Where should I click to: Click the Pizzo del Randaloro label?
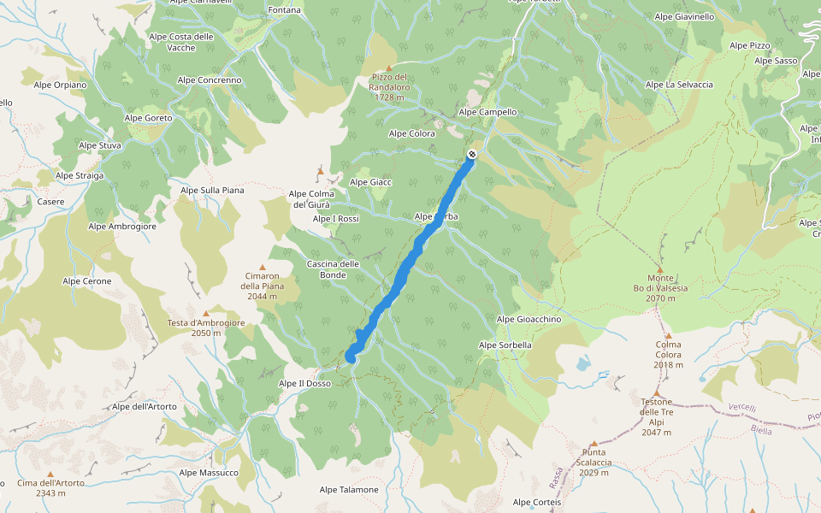tap(390, 86)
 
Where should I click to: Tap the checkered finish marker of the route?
tap(471, 155)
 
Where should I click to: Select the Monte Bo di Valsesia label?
tap(667, 288)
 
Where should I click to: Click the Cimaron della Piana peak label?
tap(262, 286)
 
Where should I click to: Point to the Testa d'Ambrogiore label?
tap(206, 327)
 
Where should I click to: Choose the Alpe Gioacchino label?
tap(529, 319)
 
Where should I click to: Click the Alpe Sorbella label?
tap(505, 345)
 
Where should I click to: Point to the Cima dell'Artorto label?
tap(50, 487)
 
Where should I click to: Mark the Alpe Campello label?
tap(487, 112)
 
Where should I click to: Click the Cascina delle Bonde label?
tap(333, 269)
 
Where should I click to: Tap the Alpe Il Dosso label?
tap(304, 384)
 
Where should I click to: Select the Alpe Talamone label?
tap(349, 490)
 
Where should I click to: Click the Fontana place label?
tap(285, 10)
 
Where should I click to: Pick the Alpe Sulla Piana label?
tap(210, 190)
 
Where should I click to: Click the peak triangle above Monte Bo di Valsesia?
tap(659, 268)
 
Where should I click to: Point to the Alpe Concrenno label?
tap(210, 80)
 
